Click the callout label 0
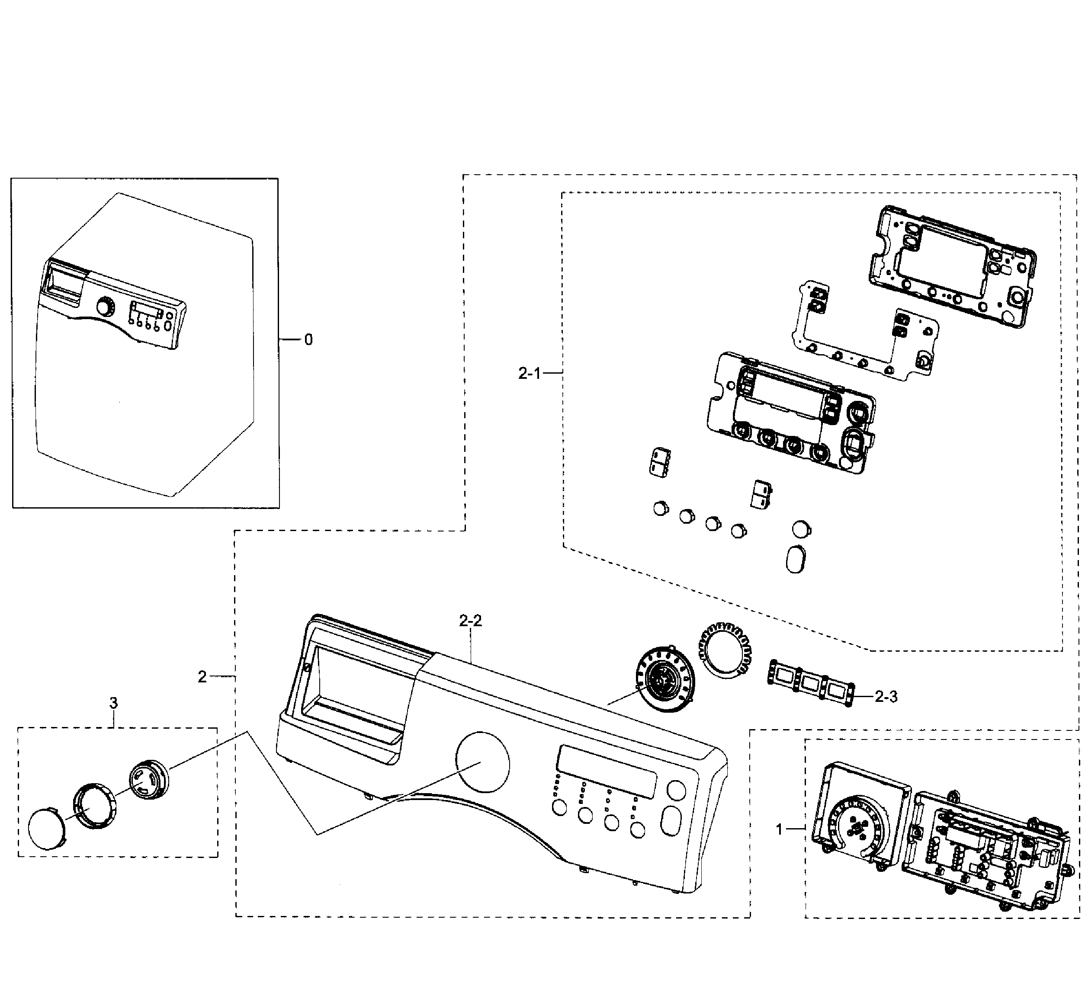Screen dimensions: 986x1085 (308, 339)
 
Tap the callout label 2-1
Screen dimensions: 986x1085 (529, 373)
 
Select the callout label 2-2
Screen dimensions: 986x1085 (470, 621)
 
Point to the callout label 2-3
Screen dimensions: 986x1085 (886, 697)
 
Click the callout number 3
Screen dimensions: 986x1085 (113, 703)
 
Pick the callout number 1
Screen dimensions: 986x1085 (779, 829)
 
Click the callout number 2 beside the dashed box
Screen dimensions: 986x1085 (202, 677)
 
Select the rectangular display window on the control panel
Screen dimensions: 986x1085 (607, 772)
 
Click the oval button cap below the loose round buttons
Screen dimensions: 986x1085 (796, 560)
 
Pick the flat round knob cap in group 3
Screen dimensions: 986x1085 (47, 830)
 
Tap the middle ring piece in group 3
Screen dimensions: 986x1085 (95, 805)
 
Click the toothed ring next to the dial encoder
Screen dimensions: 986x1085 (725, 649)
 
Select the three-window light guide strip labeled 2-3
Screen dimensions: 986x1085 (811, 682)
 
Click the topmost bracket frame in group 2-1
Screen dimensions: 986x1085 (953, 267)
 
